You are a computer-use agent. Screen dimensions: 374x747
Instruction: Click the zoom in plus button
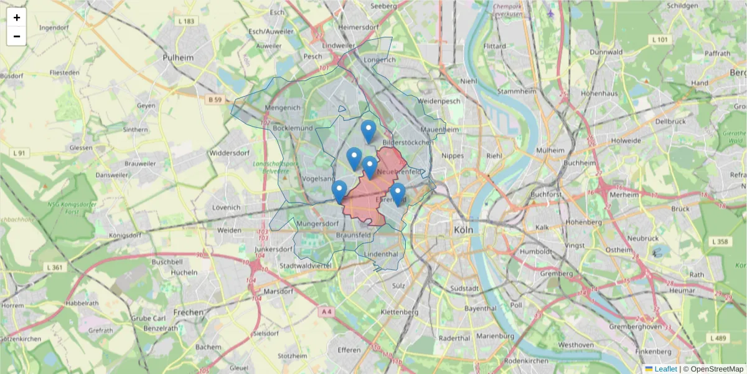[x=17, y=17]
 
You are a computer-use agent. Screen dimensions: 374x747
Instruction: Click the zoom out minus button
[x=17, y=36]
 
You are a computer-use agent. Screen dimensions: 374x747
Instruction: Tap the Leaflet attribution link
[x=665, y=369]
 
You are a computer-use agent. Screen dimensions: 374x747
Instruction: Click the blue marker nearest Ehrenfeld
[x=398, y=194]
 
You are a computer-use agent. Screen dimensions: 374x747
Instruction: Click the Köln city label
[x=463, y=229]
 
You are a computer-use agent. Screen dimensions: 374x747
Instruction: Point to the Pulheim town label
[x=178, y=57]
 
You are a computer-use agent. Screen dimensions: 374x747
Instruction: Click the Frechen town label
[x=189, y=312]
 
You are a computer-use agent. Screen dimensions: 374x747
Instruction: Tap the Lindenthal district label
[x=381, y=254]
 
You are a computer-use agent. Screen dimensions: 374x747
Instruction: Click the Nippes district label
[x=453, y=155]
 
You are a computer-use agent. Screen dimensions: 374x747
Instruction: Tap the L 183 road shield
[x=186, y=21]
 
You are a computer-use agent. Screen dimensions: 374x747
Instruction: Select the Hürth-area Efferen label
[x=349, y=350]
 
